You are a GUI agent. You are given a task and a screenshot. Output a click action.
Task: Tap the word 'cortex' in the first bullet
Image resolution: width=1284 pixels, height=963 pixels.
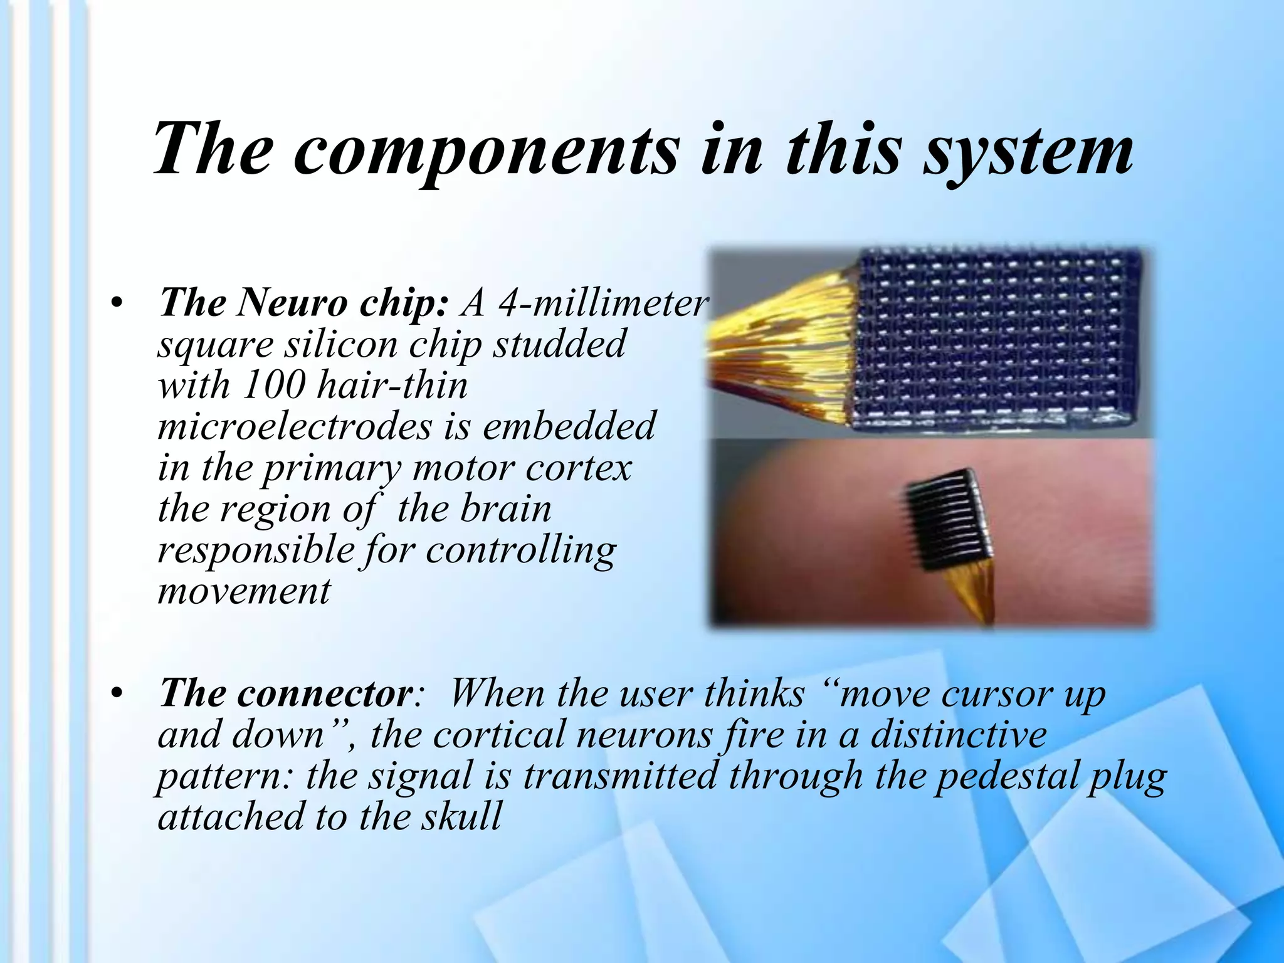578,468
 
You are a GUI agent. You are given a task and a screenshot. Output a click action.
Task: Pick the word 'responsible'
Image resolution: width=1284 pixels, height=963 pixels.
256,550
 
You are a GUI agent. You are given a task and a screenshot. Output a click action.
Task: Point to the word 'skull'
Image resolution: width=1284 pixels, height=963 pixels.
461,816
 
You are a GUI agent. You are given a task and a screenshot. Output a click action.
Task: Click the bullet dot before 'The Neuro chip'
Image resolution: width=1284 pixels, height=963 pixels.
116,303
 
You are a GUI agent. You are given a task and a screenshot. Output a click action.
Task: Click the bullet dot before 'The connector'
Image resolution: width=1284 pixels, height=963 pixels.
116,694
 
